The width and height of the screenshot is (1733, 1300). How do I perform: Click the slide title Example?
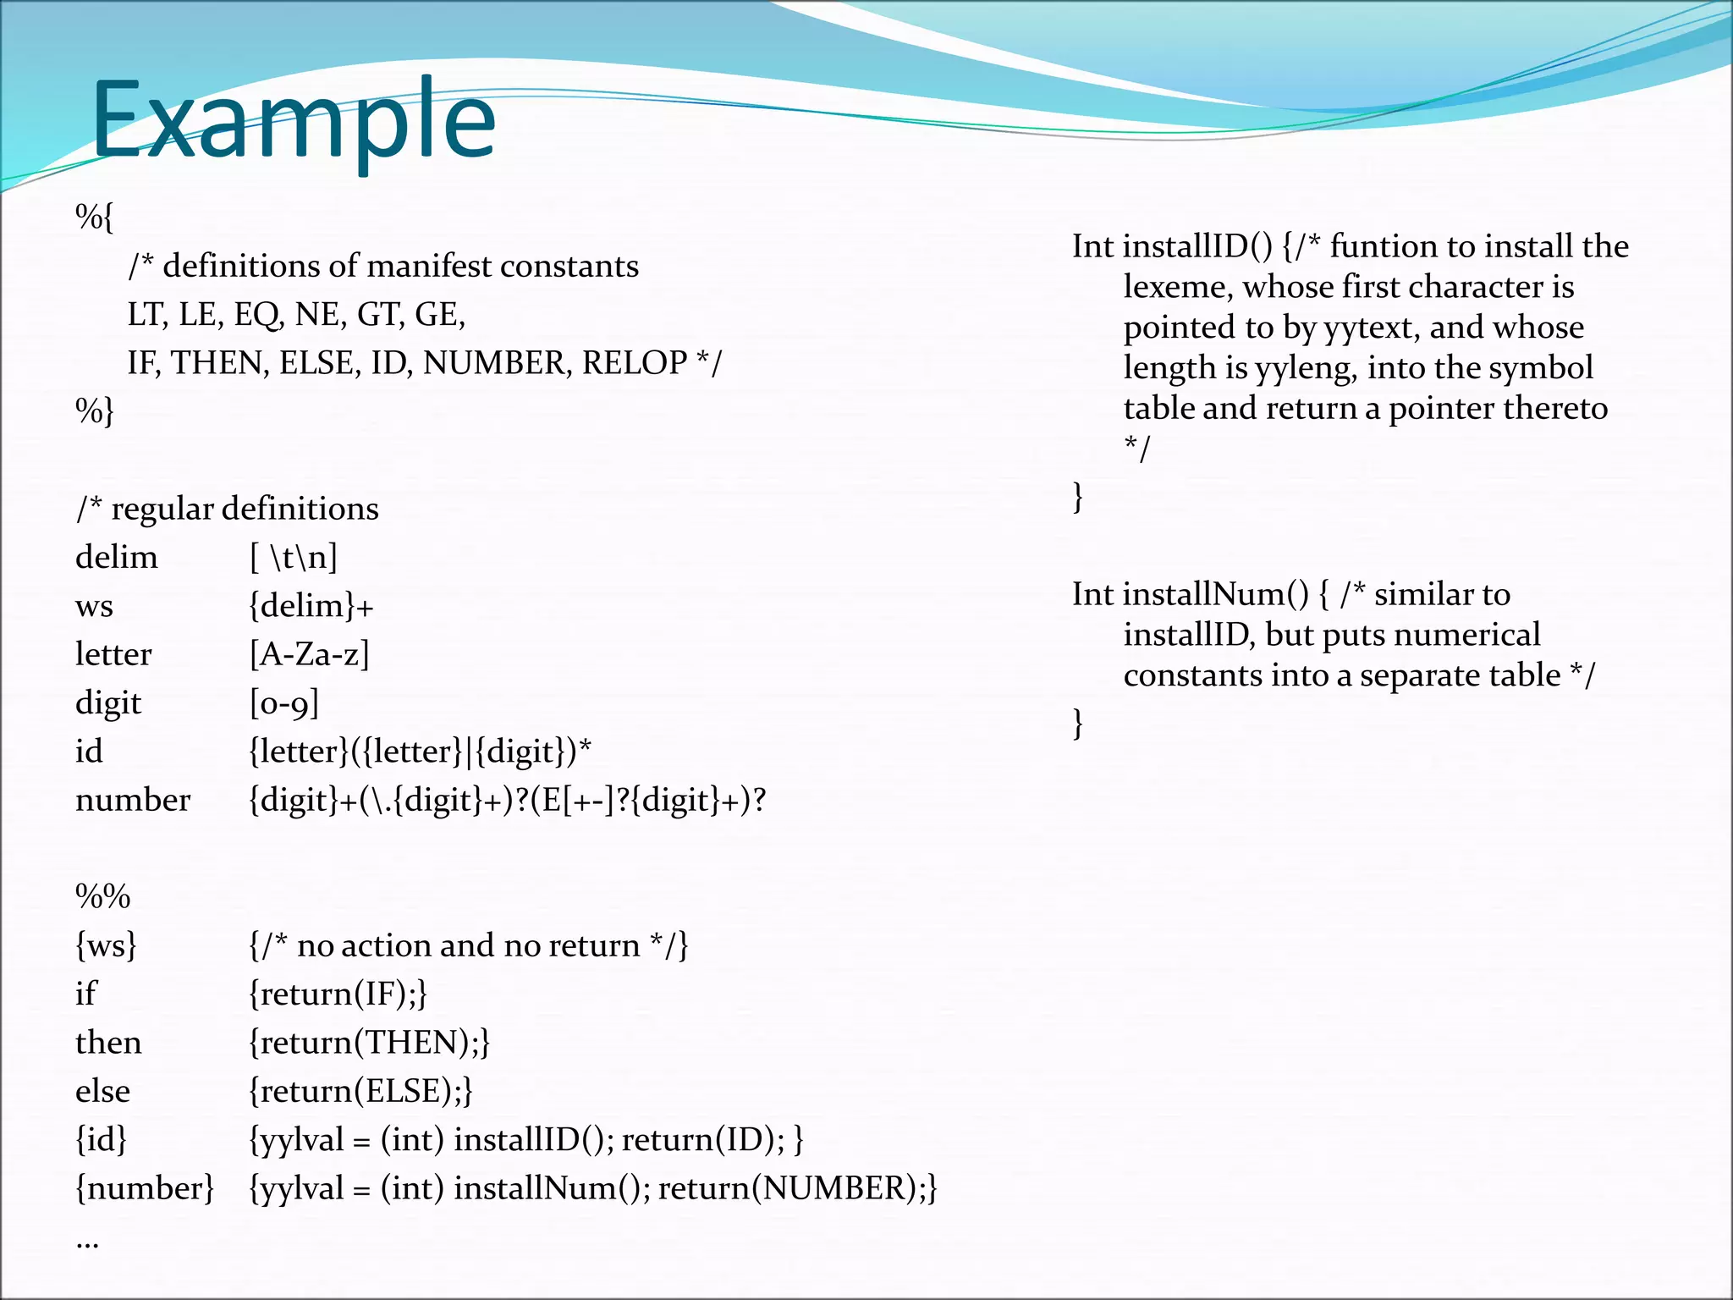coord(293,120)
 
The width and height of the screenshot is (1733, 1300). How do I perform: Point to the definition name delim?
coord(117,558)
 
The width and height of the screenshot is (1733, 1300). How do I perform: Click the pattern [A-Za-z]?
coord(310,654)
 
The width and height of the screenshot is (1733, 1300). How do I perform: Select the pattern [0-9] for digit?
coord(284,703)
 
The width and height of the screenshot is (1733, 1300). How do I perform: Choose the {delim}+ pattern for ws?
coord(311,606)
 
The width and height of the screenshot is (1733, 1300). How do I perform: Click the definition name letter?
coord(113,654)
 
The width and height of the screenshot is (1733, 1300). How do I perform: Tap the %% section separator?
coord(103,896)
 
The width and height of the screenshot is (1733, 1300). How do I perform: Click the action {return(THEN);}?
coord(370,1043)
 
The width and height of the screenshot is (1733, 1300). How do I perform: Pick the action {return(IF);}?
coord(338,994)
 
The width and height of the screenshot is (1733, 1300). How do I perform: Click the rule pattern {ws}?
coord(106,945)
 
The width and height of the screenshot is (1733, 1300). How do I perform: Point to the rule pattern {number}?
coord(145,1188)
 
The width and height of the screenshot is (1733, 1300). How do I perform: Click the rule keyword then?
coord(108,1043)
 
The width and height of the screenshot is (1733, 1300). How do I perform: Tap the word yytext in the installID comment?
coord(1372,328)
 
